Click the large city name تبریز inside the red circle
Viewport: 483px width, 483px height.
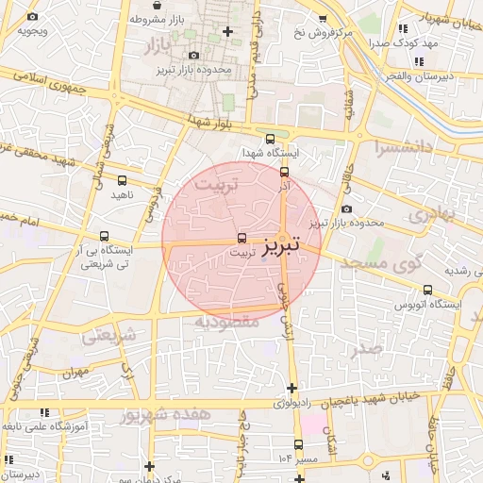[x=280, y=243]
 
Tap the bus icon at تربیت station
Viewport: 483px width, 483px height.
[x=242, y=239]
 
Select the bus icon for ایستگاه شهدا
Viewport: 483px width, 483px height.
[x=272, y=139]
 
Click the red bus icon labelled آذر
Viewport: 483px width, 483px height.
[x=285, y=172]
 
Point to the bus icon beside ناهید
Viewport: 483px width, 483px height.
[x=121, y=179]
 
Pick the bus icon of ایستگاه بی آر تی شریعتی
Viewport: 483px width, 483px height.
[x=103, y=237]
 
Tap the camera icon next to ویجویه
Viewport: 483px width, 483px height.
[x=34, y=17]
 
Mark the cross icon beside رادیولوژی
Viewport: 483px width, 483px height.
[x=291, y=388]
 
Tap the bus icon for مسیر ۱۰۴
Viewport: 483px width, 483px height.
[x=299, y=444]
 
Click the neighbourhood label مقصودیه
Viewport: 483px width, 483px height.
[x=226, y=321]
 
